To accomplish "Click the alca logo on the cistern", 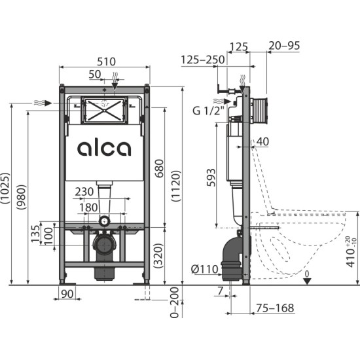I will coord(104,148).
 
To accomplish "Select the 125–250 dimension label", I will coord(203,60).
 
